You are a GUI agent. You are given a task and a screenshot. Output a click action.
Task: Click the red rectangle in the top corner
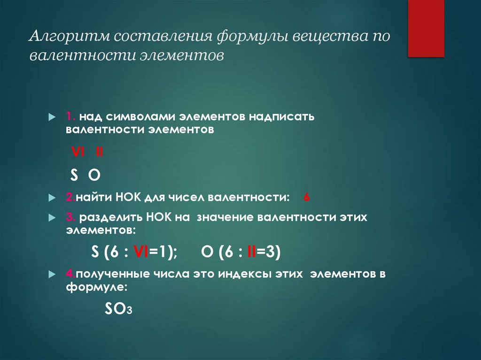pyautogui.click(x=426, y=28)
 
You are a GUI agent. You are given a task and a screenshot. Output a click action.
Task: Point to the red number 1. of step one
pyautogui.click(x=70, y=116)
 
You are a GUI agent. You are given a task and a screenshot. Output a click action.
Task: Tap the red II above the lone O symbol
pyautogui.click(x=99, y=153)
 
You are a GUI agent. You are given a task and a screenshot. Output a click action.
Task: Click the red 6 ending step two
pyautogui.click(x=306, y=198)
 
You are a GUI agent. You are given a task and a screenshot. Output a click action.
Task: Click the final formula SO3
pyautogui.click(x=119, y=308)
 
